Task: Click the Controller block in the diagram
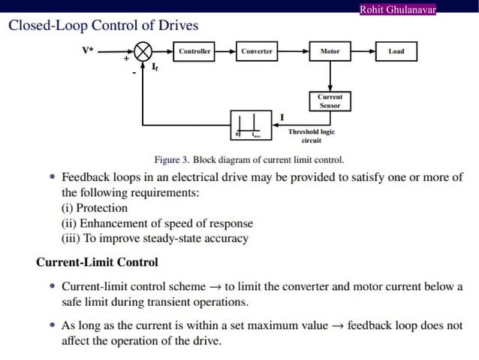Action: point(194,52)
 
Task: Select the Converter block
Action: point(257,52)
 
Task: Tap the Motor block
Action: point(330,52)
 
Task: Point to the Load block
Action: point(396,52)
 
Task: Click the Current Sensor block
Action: point(330,101)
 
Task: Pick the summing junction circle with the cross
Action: point(143,52)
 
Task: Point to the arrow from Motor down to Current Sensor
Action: point(330,77)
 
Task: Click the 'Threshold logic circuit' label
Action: point(311,135)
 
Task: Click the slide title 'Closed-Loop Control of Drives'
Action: point(103,26)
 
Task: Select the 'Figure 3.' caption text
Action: point(171,159)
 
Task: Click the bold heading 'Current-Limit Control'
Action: point(97,262)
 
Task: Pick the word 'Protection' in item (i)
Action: point(103,207)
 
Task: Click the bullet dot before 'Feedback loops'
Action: point(51,178)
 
